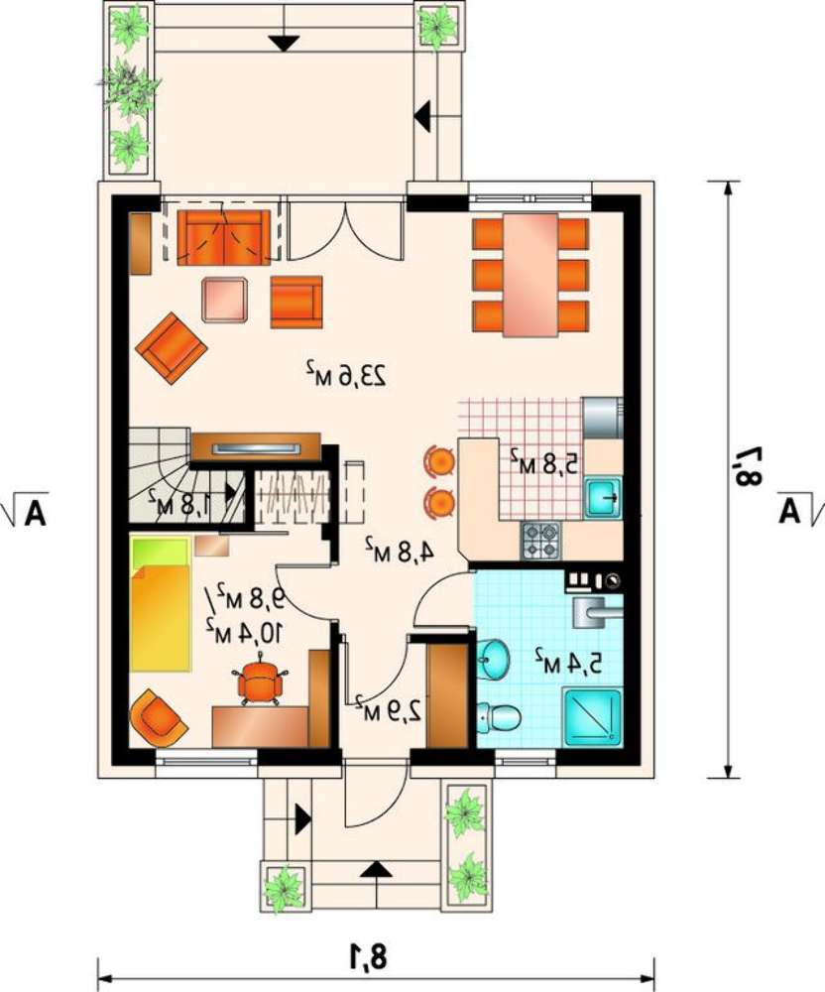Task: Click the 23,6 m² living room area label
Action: (346, 374)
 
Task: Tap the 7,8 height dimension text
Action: (746, 466)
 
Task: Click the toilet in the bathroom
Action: (499, 718)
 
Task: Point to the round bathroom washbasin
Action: (493, 660)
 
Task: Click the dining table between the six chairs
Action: (530, 275)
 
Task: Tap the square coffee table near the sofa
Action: (224, 299)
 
